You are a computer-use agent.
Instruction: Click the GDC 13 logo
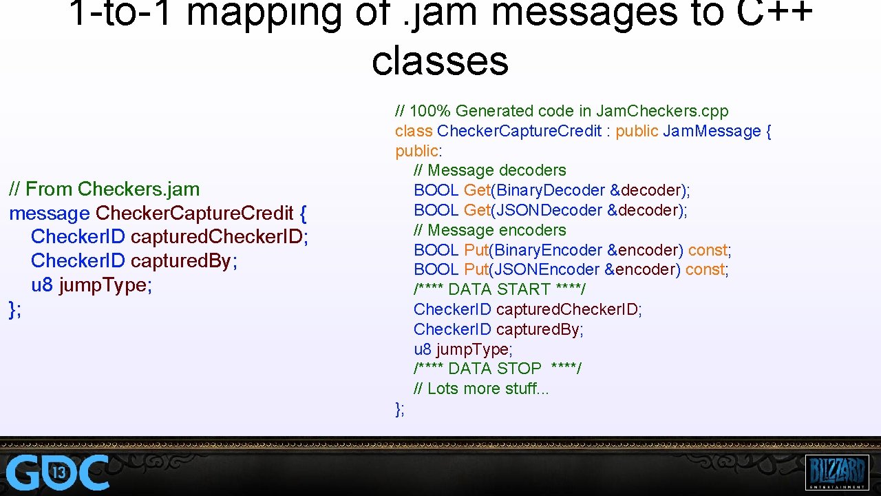point(58,473)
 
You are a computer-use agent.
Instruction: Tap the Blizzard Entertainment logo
point(836,473)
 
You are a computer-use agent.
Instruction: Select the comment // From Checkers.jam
point(104,189)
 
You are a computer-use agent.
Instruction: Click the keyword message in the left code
point(50,213)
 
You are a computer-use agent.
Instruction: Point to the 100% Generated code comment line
point(562,111)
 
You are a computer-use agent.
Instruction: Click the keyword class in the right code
point(414,131)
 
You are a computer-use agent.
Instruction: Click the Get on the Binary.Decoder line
point(476,190)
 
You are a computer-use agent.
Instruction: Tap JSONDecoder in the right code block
point(549,210)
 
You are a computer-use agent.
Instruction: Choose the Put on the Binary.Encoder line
point(476,250)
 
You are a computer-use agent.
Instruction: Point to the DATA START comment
point(499,289)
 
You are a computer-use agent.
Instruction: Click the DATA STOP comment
point(497,369)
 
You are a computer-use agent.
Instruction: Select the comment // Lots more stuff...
point(481,389)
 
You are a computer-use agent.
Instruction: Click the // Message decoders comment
point(489,170)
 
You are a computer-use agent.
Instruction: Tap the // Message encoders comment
point(489,230)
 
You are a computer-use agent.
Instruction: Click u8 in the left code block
point(42,285)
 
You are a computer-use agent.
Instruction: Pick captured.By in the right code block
point(538,329)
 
